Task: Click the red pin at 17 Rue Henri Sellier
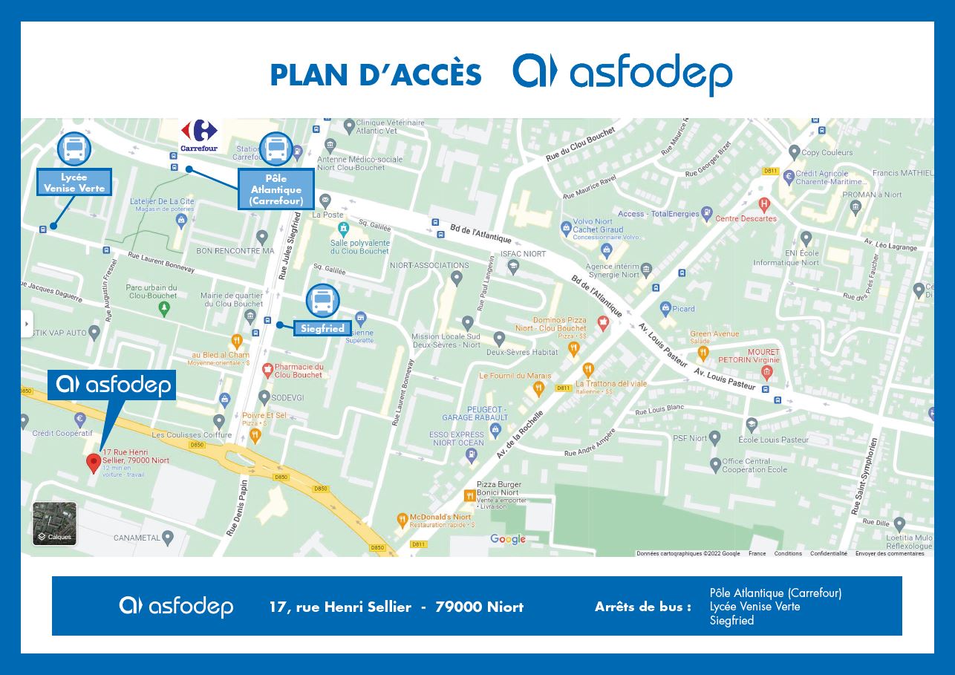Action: point(94,463)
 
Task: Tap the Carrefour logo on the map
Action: point(199,135)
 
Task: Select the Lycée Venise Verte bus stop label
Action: point(74,183)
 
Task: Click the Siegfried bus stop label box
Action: point(322,328)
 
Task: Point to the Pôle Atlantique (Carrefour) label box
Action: point(276,189)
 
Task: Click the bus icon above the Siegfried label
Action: point(322,301)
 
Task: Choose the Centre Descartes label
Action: point(746,218)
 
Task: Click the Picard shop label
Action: point(683,309)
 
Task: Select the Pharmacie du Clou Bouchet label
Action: point(299,371)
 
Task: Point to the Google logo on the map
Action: point(507,540)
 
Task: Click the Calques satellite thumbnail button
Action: point(54,524)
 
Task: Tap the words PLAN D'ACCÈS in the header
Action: point(375,75)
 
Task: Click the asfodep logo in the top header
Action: point(622,74)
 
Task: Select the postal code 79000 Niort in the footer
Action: point(479,607)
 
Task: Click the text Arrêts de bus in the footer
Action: point(642,607)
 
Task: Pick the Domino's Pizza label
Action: point(561,324)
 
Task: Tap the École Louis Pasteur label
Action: point(773,440)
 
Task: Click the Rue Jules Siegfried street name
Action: point(290,246)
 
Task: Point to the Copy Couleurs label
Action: point(827,153)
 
